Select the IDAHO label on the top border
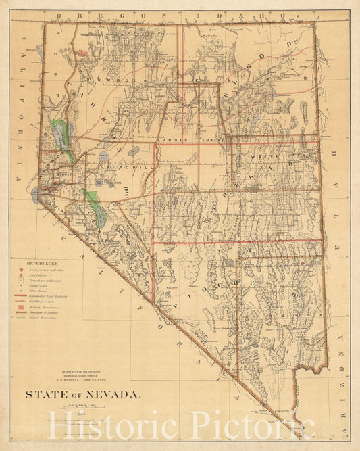(x=203, y=14)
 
